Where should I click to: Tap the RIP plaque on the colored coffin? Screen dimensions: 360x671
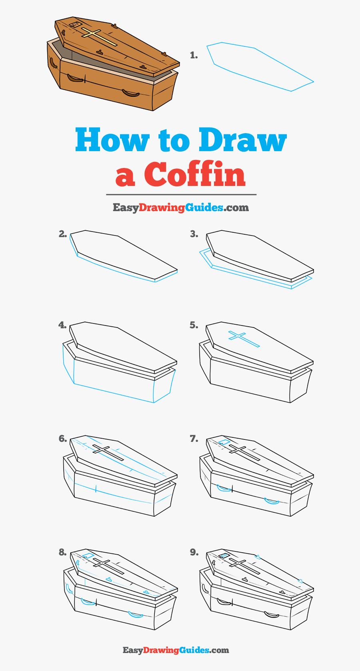click(74, 24)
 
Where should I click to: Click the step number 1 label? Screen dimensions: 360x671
click(194, 55)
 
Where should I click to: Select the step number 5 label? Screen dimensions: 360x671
click(194, 325)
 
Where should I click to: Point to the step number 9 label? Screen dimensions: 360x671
click(194, 552)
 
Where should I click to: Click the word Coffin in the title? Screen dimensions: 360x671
click(195, 174)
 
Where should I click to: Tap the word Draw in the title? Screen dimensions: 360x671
click(242, 140)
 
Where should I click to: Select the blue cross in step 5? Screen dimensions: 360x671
click(243, 338)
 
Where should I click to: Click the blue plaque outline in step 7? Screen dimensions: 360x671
click(224, 441)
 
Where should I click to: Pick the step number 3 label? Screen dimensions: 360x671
click(194, 234)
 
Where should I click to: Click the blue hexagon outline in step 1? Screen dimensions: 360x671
click(260, 66)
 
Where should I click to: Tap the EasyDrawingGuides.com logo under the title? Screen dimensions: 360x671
click(181, 207)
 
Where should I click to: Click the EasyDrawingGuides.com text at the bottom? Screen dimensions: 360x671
click(176, 650)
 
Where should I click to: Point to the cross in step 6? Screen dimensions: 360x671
click(108, 453)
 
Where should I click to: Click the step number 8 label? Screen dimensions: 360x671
click(62, 552)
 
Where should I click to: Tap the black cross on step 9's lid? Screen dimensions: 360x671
click(244, 567)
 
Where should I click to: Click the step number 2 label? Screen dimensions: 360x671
click(63, 234)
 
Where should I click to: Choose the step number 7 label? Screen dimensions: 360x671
click(194, 439)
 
